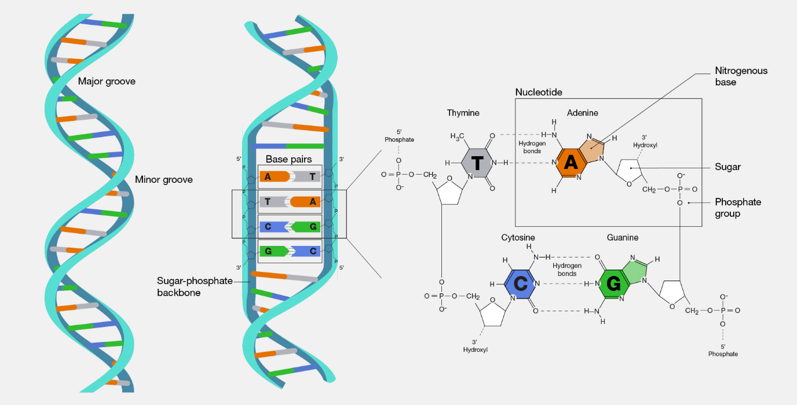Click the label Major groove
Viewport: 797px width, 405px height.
(x=107, y=82)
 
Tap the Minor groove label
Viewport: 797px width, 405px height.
(x=163, y=179)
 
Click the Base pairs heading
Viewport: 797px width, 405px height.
(x=288, y=159)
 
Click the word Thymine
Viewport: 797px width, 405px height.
(x=463, y=113)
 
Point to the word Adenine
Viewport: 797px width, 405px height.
(x=583, y=113)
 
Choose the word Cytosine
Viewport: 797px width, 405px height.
(x=518, y=237)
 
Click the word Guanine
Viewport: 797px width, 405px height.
(x=623, y=237)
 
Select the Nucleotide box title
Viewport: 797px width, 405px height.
(x=539, y=92)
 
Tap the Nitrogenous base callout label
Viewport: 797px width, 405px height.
(x=740, y=76)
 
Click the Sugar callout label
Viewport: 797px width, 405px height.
(x=727, y=167)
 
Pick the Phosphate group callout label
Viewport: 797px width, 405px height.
(x=738, y=208)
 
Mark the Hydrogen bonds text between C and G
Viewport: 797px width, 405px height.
(x=567, y=269)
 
